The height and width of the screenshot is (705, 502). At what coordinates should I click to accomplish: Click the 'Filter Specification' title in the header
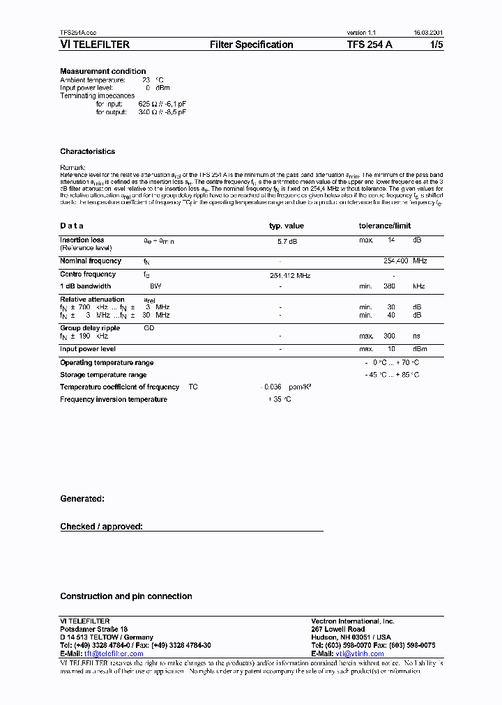pos(252,45)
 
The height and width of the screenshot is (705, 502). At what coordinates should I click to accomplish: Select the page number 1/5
pos(435,45)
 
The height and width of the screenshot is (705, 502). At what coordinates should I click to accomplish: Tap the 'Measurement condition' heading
pos(103,71)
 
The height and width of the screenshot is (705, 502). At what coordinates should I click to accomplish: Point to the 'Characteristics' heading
pos(88,151)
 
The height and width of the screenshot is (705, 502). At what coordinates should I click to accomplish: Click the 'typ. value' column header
pos(287,226)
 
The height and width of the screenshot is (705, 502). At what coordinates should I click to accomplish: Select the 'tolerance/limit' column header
pos(385,226)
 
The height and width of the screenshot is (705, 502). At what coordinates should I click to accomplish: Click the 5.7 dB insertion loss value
pos(287,240)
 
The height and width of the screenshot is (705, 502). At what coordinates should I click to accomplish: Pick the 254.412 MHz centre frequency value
pos(290,276)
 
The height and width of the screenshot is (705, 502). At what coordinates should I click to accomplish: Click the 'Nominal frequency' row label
pos(91,261)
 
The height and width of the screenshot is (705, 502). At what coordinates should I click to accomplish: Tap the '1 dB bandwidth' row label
pos(85,286)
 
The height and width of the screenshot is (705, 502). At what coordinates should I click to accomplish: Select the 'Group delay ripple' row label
pos(90,327)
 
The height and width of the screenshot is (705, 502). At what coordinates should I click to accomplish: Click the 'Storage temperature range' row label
pos(103,375)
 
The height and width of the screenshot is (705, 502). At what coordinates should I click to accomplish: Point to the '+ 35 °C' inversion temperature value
pos(280,399)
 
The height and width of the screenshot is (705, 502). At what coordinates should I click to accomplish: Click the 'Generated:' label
pos(82,499)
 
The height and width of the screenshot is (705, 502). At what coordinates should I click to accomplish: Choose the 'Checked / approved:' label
pos(101,527)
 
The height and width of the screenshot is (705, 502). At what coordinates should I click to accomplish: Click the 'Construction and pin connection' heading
pos(126,596)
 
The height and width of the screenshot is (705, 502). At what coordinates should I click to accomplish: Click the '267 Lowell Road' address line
pos(337,629)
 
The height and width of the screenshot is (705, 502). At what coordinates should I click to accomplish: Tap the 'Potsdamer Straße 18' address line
pos(93,629)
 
